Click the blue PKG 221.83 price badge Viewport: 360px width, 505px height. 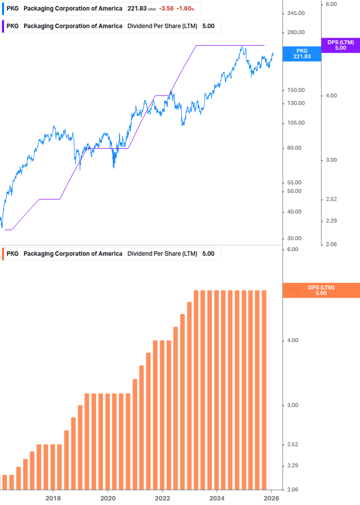[301, 54]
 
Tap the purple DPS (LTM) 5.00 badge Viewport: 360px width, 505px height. [340, 45]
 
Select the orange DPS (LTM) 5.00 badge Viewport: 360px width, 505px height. [321, 290]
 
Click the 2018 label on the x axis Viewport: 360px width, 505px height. [53, 498]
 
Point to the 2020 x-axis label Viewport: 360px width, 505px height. [108, 498]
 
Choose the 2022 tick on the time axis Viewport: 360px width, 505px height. [162, 498]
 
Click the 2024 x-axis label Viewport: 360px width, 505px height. [217, 498]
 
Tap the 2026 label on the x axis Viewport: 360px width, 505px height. [271, 498]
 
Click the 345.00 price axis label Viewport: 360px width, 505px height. [295, 13]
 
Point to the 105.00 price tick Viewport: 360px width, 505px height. [295, 123]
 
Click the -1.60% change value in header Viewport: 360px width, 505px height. [185, 9]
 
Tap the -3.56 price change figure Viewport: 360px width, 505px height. [166, 9]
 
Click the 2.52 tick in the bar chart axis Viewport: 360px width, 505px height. [292, 445]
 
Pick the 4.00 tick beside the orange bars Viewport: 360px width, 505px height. [292, 341]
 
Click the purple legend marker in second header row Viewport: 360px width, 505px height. [4, 26]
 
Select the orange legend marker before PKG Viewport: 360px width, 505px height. [4, 254]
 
